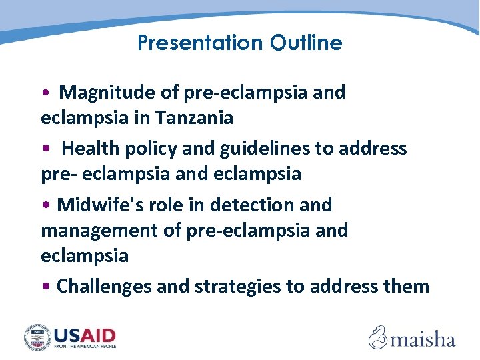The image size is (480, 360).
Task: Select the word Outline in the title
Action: tap(306, 43)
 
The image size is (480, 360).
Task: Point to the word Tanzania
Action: tap(195, 118)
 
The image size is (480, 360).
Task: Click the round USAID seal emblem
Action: tap(37, 337)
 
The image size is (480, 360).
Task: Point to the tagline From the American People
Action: tap(85, 347)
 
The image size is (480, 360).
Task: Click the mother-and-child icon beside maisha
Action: tap(379, 337)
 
